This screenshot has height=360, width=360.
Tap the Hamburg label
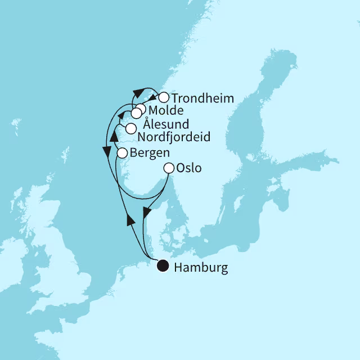tap(201, 268)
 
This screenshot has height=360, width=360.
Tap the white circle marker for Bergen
tap(121, 152)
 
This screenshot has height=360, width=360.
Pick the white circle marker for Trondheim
tap(163, 97)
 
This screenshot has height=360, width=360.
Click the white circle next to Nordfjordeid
tap(130, 128)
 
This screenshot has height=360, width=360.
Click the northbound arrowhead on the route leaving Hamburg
tap(130, 219)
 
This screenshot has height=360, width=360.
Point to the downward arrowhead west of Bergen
tap(105, 151)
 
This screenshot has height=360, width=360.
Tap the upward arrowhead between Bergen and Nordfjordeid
tap(114, 136)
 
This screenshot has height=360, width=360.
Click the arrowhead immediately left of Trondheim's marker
tap(152, 97)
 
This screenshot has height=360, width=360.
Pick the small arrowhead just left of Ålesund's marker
tap(121, 115)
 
